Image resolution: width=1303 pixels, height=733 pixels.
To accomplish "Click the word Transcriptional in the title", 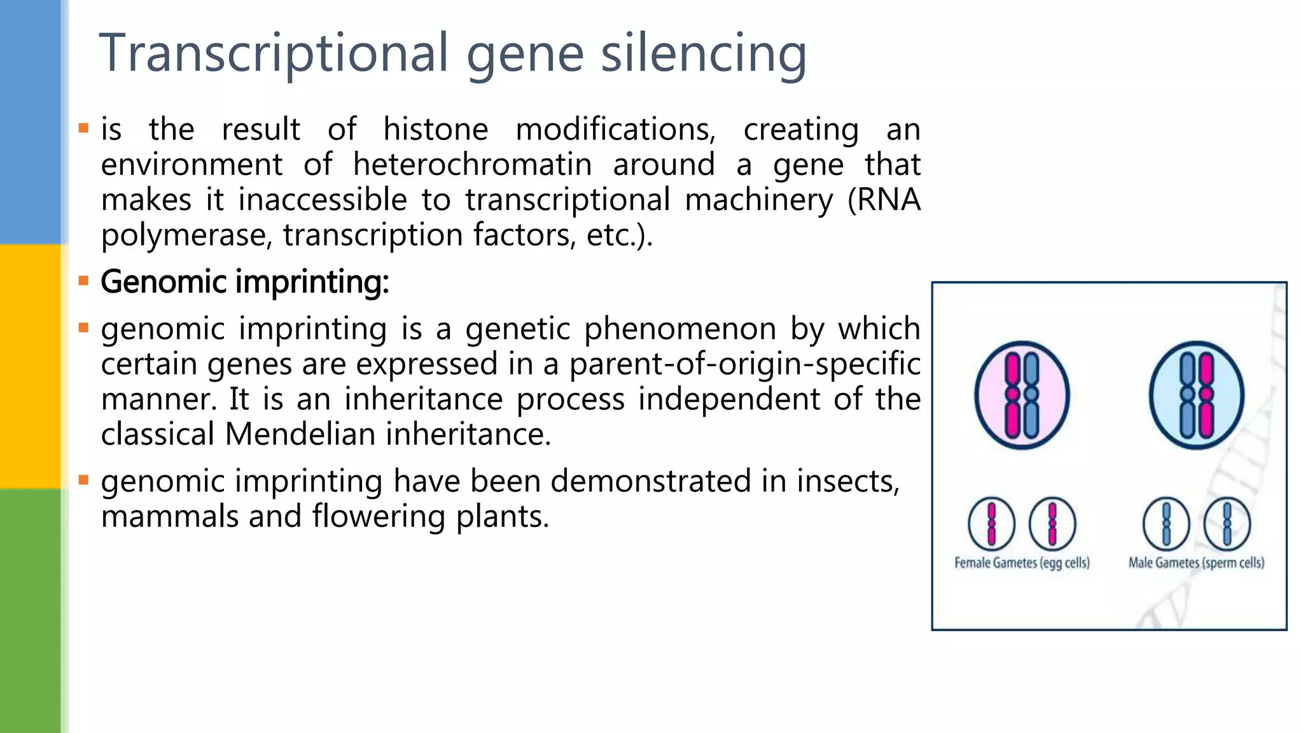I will pyautogui.click(x=274, y=53).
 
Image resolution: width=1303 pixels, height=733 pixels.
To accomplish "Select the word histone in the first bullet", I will pyautogui.click(x=436, y=129).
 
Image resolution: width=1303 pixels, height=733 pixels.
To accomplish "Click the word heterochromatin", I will pyautogui.click(x=472, y=165).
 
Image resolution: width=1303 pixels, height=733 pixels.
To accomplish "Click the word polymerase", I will pyautogui.click(x=185, y=235).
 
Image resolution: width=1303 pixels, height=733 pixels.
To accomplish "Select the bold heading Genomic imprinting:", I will pyautogui.click(x=245, y=282).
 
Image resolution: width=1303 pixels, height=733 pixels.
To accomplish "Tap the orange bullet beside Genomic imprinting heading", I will pyautogui.click(x=83, y=281).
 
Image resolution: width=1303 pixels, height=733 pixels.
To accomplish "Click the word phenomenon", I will pyautogui.click(x=679, y=329).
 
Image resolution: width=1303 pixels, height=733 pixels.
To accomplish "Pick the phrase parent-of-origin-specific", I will pyautogui.click(x=744, y=364).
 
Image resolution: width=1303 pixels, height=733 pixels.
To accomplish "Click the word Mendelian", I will pyautogui.click(x=302, y=435).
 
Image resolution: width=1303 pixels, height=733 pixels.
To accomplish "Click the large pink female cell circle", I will pyautogui.click(x=1022, y=395).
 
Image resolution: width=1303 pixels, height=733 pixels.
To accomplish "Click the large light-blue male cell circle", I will pyautogui.click(x=1196, y=395).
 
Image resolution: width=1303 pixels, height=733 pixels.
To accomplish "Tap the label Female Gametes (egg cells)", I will pyautogui.click(x=1022, y=562).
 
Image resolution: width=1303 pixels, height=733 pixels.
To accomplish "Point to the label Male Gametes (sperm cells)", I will pyautogui.click(x=1196, y=562).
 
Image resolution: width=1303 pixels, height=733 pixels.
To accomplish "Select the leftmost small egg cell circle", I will pyautogui.click(x=991, y=524).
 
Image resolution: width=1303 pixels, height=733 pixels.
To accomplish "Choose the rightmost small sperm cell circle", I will pyautogui.click(x=1227, y=524).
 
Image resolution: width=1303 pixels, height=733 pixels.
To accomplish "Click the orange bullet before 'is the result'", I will pyautogui.click(x=83, y=129).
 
